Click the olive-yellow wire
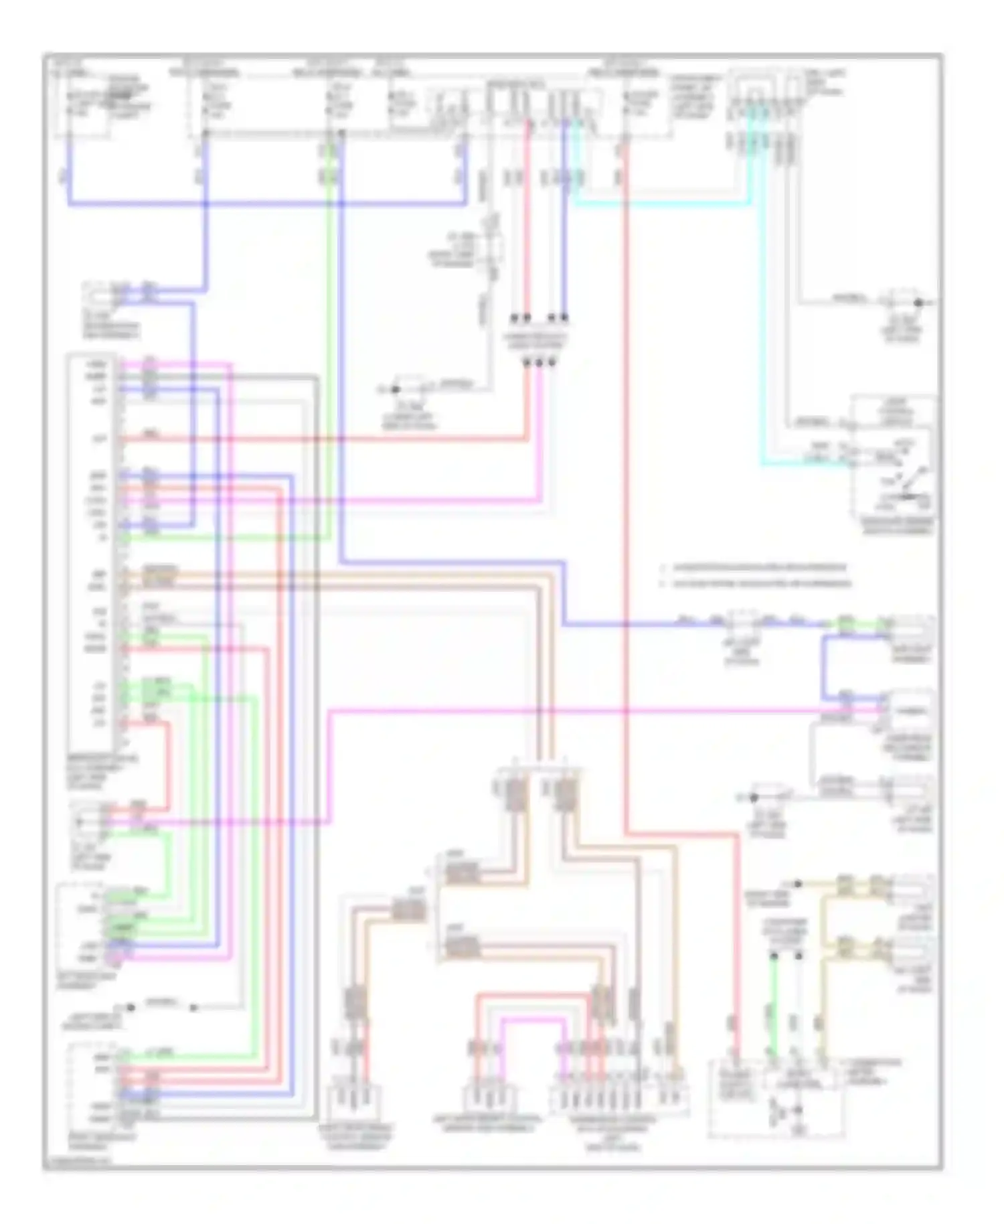[x=825, y=1004]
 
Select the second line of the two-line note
[x=756, y=583]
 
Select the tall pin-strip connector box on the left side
[x=94, y=549]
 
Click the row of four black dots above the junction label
[x=539, y=317]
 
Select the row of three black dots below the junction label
[x=539, y=362]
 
